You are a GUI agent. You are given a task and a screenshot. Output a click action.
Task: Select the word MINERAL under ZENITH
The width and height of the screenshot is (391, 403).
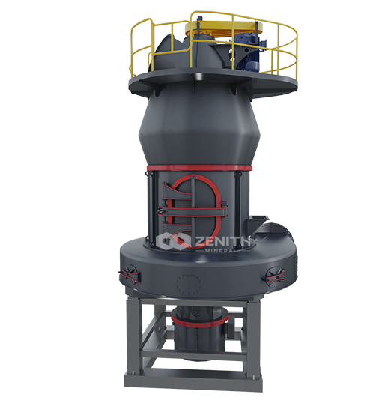pyautogui.click(x=220, y=250)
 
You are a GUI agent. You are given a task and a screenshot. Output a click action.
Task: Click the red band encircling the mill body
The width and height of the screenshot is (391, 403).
pyautogui.click(x=199, y=168)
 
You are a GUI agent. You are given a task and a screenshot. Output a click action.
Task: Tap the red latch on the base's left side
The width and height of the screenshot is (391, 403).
pyautogui.click(x=129, y=274)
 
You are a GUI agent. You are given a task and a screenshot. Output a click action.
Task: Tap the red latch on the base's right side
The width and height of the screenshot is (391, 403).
pyautogui.click(x=275, y=275)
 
